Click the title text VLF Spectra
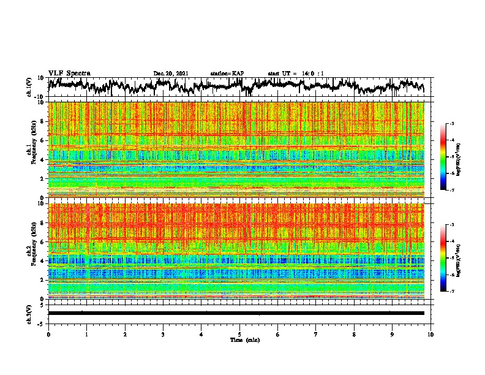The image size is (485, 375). click(x=69, y=74)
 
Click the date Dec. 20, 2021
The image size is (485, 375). click(x=171, y=74)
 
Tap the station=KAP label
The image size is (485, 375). click(x=227, y=74)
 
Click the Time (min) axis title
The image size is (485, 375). click(x=239, y=339)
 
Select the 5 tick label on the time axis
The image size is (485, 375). click(x=239, y=334)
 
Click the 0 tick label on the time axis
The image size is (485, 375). click(x=48, y=334)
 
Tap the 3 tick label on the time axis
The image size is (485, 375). click(x=163, y=334)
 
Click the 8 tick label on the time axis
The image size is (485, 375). click(x=354, y=334)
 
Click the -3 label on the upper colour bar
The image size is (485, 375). click(x=459, y=124)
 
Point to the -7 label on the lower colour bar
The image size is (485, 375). click(x=459, y=292)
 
